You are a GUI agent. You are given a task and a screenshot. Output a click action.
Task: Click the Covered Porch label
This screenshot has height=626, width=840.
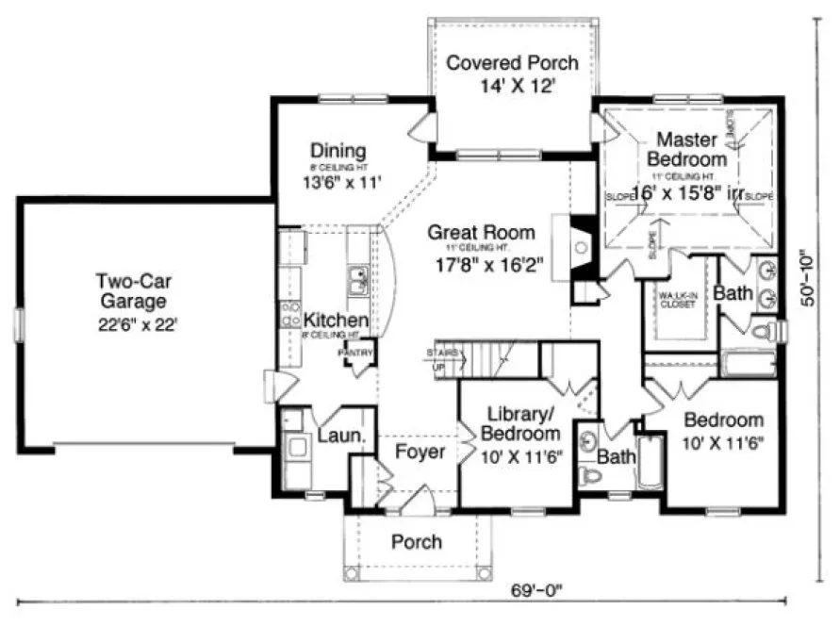(x=512, y=63)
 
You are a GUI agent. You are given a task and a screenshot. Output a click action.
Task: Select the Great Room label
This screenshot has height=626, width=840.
(x=481, y=232)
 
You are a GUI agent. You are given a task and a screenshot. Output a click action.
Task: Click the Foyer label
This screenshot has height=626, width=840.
(x=420, y=452)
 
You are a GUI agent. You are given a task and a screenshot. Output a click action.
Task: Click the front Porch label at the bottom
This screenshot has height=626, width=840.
(x=416, y=541)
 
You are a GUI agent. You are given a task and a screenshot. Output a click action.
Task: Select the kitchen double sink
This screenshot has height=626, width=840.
(x=357, y=280)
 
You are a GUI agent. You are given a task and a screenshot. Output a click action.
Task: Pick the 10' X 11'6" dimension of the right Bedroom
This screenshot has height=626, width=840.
(x=722, y=440)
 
